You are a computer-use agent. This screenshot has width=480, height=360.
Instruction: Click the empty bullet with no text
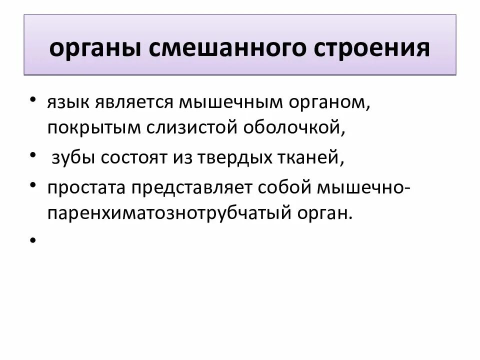[32, 240]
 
